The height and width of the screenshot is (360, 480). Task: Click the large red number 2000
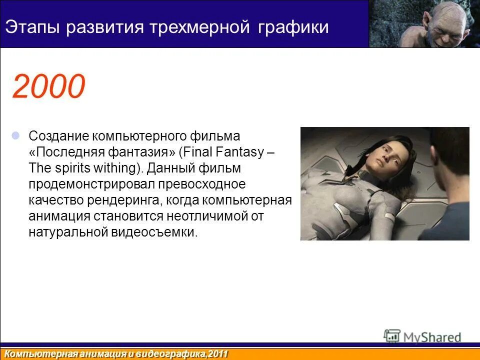tap(48, 86)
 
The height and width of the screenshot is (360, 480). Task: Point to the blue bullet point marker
tap(16, 135)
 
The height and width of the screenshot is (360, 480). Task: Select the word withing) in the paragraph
tap(120, 168)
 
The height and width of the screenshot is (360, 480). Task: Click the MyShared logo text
tap(432, 337)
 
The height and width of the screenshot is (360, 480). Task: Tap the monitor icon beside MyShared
tap(392, 336)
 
